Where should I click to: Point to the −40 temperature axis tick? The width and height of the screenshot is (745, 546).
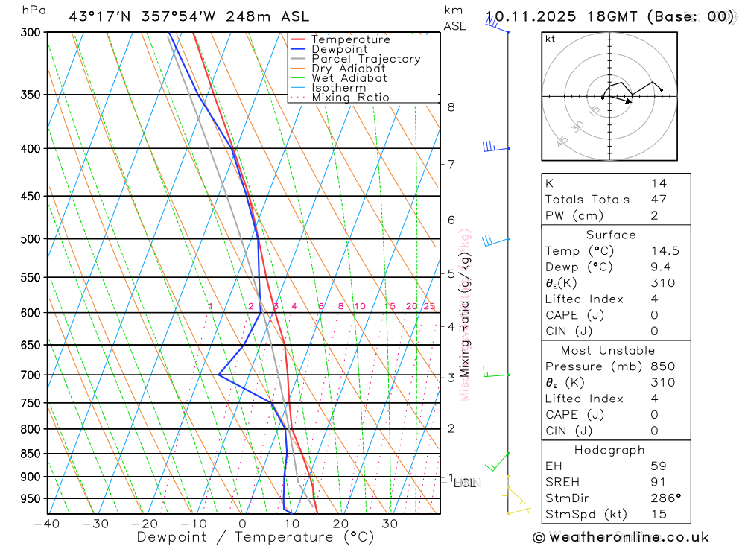tap(46, 524)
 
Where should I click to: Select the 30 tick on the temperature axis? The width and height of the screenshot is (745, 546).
tap(390, 524)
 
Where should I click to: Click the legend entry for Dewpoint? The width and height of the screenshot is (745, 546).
tap(339, 49)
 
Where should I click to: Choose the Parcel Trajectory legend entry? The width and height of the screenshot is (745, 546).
tap(366, 59)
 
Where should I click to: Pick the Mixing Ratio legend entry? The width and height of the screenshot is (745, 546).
tap(350, 98)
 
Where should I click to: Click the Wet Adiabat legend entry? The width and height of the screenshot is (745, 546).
tap(349, 78)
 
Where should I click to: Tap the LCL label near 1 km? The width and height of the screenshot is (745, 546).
tap(465, 483)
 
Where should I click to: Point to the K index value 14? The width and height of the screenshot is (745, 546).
tap(659, 183)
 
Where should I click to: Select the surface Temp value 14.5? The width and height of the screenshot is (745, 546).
tap(665, 251)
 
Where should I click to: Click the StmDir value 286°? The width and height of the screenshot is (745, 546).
tap(665, 498)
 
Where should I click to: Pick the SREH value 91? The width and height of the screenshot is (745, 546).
tap(659, 482)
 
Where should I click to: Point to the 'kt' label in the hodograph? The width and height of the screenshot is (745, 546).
tap(551, 39)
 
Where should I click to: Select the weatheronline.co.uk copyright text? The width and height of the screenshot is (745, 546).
tap(621, 537)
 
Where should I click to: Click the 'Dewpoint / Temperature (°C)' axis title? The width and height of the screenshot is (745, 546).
tap(256, 536)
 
